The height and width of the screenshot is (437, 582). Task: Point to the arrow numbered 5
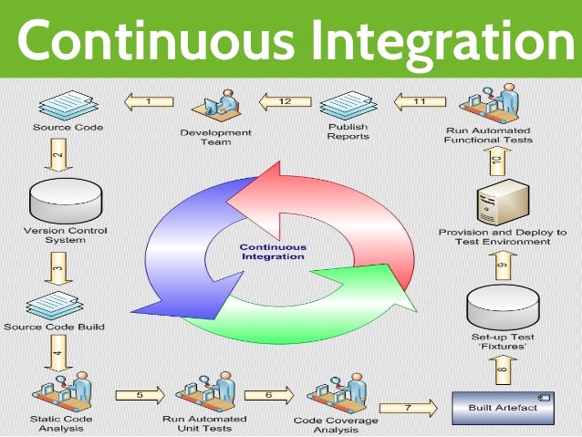[139, 394]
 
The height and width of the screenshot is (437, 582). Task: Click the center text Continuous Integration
[273, 252]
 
